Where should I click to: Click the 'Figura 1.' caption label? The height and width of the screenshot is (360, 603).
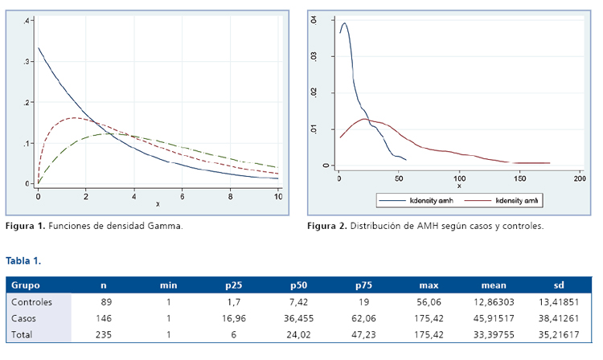pos(27,226)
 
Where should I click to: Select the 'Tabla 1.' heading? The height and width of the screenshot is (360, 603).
pos(23,261)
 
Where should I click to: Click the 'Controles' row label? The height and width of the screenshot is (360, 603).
pos(33,302)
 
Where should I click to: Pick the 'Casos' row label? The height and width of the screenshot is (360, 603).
pos(24,318)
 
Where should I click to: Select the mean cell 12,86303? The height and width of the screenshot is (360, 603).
pos(491,302)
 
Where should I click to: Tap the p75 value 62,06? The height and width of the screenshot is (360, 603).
pos(363,318)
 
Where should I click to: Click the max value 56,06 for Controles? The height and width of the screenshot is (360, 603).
pos(429,302)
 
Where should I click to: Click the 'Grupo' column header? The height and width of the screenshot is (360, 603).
pos(26,285)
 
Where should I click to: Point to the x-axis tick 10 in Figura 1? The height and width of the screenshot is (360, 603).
pos(278,196)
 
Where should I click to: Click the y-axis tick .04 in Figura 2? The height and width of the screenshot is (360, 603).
pos(315,22)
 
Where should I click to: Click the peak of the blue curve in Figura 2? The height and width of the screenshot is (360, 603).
pos(345,23)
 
